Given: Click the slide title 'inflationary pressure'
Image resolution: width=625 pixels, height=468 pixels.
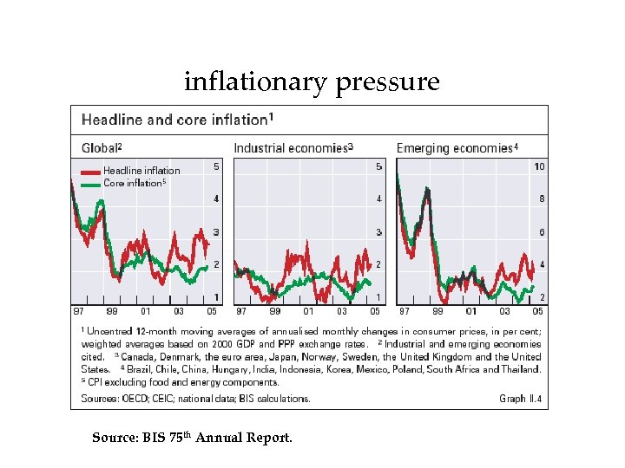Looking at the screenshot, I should point(312,82).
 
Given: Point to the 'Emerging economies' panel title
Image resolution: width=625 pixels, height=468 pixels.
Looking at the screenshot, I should point(457,148).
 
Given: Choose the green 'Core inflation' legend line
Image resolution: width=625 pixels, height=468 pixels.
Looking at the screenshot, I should point(90,184).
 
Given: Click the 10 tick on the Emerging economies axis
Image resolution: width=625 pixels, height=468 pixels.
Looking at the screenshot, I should point(539,166).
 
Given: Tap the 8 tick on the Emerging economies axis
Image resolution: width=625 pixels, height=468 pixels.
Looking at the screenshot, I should point(541,199).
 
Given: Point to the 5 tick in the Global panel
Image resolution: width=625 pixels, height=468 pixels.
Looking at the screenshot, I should point(216,166).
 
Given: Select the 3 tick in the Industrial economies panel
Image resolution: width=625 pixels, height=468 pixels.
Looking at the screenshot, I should point(378,232).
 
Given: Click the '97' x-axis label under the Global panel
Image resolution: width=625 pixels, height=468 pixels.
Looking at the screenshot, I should point(78,311).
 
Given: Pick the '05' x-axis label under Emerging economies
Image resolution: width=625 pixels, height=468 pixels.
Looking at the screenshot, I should point(537,311).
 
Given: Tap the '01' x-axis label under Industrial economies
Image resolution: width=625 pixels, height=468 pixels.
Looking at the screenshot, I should point(308,311).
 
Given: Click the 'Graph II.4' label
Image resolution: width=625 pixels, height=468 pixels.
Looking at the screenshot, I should point(520,399).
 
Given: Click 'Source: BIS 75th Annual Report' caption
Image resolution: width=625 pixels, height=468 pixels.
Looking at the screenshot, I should point(192,438).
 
